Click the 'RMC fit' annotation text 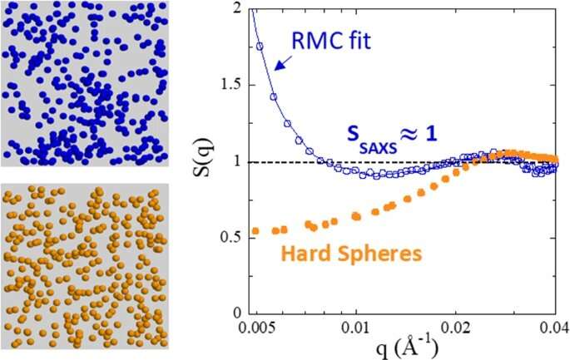(335, 37)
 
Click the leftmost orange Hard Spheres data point (255, 230)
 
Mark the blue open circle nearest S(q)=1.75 (260, 47)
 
